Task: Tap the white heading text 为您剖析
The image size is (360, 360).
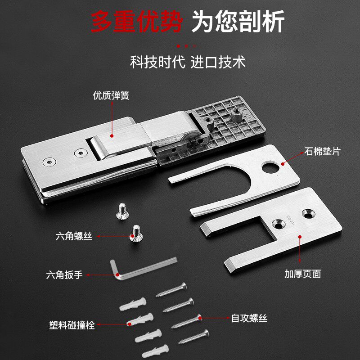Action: coord(238,21)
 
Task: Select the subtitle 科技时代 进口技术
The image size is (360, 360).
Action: coord(188,62)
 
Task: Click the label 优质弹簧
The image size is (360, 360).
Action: coord(111,96)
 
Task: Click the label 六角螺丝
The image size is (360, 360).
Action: coord(74,236)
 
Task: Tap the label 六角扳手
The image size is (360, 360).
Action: coord(64,274)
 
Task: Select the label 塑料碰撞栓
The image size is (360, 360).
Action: coord(72,325)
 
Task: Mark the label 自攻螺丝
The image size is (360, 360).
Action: coord(249,319)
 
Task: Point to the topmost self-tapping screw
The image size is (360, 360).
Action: coord(171,289)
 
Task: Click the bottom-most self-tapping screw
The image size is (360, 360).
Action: coord(193,337)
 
